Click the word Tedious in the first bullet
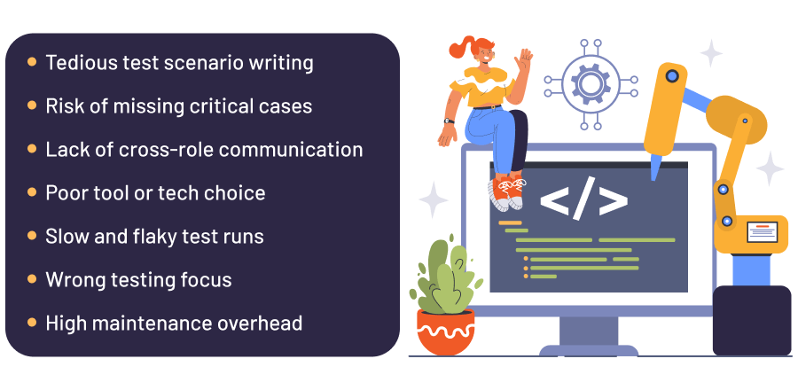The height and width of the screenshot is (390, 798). tap(77, 63)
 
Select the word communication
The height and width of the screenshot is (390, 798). tap(291, 150)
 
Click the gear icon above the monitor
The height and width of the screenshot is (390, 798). tap(590, 84)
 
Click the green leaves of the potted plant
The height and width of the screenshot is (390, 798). tap(445, 270)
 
